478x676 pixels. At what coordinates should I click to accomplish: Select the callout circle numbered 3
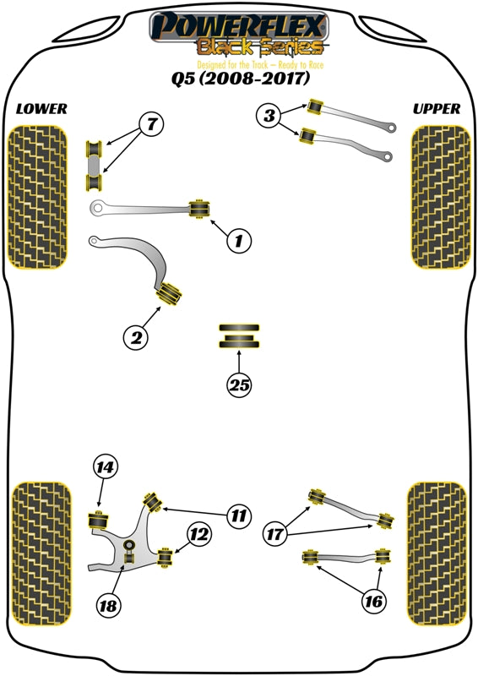(269, 117)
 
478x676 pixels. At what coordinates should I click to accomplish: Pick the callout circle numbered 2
(135, 338)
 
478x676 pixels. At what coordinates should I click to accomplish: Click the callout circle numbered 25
(240, 385)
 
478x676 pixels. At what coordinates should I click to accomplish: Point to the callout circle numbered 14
(106, 467)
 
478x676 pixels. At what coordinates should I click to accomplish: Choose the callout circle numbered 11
(239, 514)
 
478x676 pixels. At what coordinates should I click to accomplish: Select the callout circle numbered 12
(199, 535)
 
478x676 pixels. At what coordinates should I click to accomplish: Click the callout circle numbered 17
(275, 535)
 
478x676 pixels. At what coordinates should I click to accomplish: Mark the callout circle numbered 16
(373, 602)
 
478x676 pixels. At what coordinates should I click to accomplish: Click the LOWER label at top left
(41, 109)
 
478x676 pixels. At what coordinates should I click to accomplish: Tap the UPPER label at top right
(437, 109)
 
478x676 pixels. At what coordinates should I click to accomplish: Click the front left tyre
(37, 196)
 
